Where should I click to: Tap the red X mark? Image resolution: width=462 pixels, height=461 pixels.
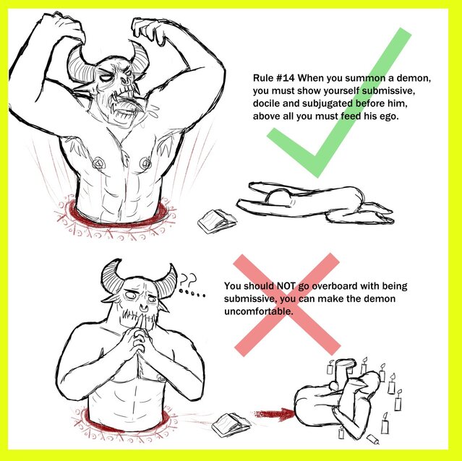287,305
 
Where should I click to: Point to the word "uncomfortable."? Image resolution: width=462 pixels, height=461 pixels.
259,311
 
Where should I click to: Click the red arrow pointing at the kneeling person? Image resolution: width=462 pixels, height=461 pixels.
274,414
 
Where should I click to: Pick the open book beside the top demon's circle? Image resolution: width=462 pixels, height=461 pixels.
217,221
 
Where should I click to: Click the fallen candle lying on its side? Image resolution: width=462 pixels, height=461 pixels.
373,439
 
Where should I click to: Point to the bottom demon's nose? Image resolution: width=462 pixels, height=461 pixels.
144,308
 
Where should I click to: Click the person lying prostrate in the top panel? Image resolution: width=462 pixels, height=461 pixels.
315,203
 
